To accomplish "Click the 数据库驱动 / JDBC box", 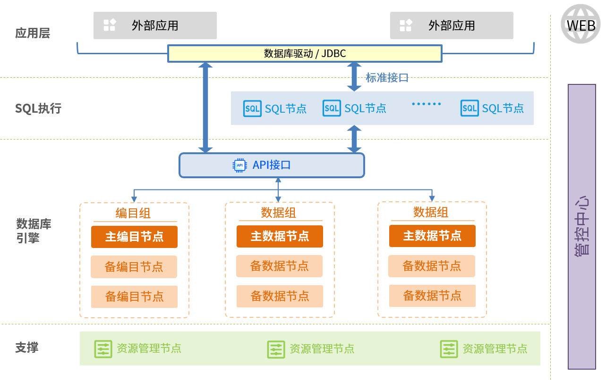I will tap(305, 53).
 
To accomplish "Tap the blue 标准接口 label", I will tap(387, 78).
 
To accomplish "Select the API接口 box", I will tap(272, 165).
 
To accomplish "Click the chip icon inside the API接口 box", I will tap(240, 165).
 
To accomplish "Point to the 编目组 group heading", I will tap(133, 213).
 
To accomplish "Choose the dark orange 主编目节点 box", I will tap(134, 237).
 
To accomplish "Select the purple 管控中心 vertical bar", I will tap(581, 226).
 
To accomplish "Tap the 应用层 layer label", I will tap(32, 33).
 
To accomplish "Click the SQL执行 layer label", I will tap(38, 108).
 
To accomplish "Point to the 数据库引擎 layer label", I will tap(33, 231).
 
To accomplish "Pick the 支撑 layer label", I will tap(26, 347).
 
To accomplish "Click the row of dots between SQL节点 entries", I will tap(426, 104).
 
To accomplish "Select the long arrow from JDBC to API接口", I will tap(205, 107).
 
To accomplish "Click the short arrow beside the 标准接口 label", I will tap(354, 76).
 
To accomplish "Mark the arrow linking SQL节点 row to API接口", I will tap(354, 139).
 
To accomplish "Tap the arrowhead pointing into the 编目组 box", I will tap(135, 198).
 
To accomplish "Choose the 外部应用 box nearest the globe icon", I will tap(452, 25).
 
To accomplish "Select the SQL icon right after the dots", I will tap(469, 108).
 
